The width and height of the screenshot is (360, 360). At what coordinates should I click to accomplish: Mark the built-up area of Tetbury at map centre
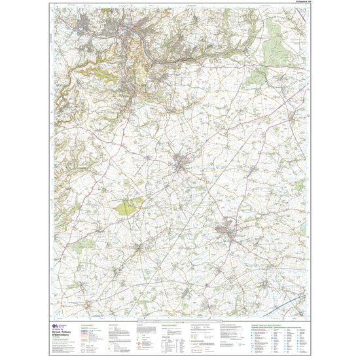tap(181, 163)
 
